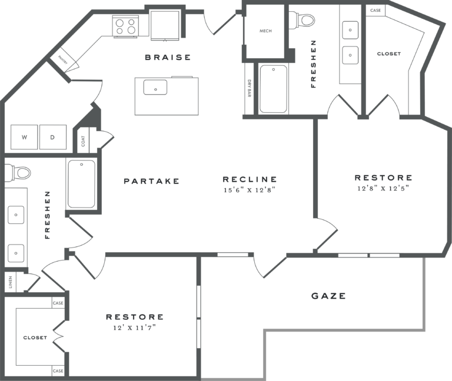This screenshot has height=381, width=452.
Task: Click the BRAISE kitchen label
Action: (x=168, y=57)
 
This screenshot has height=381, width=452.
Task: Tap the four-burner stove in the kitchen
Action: (x=126, y=26)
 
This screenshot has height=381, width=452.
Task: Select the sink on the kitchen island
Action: (x=155, y=88)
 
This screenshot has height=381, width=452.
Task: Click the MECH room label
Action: (x=265, y=31)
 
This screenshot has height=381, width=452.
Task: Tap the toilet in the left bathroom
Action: (x=21, y=173)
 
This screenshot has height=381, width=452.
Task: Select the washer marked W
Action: (x=25, y=137)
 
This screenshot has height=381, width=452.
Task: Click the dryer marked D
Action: (x=52, y=137)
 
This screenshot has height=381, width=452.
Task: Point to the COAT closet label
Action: (x=83, y=141)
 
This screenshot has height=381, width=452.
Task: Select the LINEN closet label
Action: (x=10, y=283)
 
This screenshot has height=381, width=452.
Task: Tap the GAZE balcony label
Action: (x=328, y=296)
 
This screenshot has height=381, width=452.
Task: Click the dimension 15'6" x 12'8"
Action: (x=250, y=190)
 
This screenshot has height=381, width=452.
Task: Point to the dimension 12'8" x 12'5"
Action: (x=383, y=188)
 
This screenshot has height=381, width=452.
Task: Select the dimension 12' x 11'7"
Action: (x=135, y=327)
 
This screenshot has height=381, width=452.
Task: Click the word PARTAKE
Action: (x=151, y=181)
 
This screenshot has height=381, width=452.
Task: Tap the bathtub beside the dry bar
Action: (x=273, y=89)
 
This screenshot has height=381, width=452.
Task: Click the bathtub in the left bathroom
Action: (x=81, y=183)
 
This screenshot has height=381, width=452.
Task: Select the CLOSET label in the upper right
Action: (x=388, y=54)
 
